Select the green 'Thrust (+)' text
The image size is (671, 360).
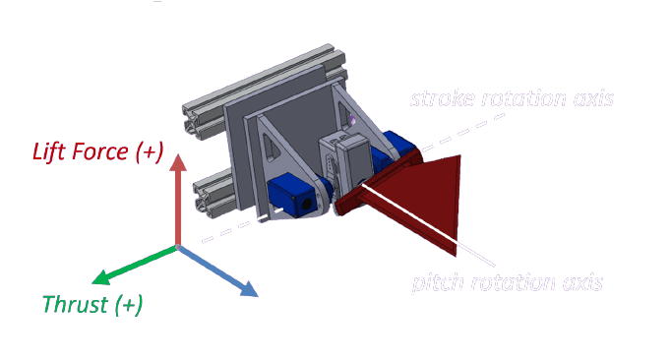[92, 304]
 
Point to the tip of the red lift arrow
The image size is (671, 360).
[177, 158]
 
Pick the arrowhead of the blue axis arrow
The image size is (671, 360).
[249, 290]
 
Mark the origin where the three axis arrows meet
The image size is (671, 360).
[177, 246]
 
